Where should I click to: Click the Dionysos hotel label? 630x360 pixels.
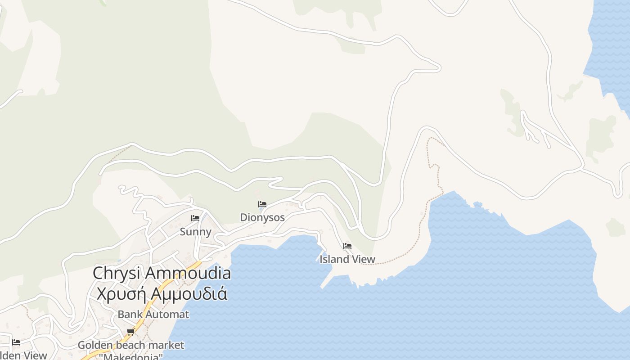[x=262, y=218]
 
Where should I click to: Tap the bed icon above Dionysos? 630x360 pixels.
[x=262, y=204]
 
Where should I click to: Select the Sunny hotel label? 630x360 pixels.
[x=195, y=232]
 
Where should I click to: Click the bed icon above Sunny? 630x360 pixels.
[x=195, y=218]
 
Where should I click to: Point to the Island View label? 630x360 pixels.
[x=347, y=259]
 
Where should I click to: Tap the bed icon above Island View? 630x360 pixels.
[x=347, y=246]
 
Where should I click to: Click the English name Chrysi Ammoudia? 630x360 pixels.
[x=162, y=273]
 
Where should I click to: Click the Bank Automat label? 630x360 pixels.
[x=153, y=315]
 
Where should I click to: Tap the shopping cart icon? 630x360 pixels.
[x=130, y=332]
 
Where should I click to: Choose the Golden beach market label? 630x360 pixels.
[x=131, y=345]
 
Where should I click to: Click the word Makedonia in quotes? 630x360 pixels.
[x=131, y=357]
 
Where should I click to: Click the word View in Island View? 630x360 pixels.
[x=363, y=259]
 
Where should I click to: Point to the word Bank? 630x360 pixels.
[x=128, y=315]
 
